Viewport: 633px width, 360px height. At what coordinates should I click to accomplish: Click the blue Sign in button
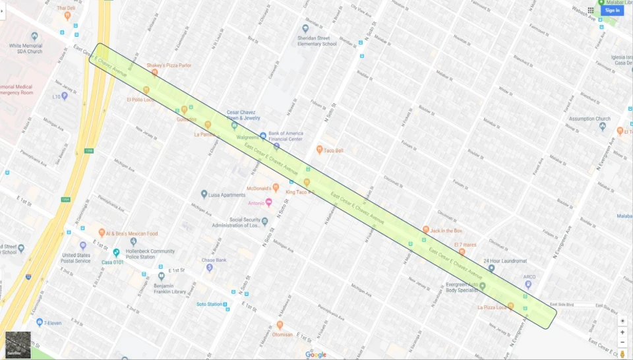tap(612, 10)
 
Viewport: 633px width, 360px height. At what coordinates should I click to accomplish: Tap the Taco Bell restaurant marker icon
tap(320, 150)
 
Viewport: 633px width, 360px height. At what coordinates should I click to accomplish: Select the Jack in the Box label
tap(446, 231)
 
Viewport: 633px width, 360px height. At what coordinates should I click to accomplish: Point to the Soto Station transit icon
tap(226, 304)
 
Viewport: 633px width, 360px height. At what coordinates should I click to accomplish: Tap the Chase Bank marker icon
tap(210, 268)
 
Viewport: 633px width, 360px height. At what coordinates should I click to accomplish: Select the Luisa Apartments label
tap(228, 195)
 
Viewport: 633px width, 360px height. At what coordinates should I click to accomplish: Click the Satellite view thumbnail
tap(18, 345)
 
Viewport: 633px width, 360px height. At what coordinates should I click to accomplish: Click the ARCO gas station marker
tap(528, 285)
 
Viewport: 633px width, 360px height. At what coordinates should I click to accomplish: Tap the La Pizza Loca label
tap(491, 307)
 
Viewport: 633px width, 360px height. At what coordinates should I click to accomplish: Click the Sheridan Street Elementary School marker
tap(305, 28)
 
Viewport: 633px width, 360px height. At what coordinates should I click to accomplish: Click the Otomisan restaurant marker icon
tap(280, 324)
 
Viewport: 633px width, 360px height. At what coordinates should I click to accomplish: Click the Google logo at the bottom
tap(316, 355)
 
